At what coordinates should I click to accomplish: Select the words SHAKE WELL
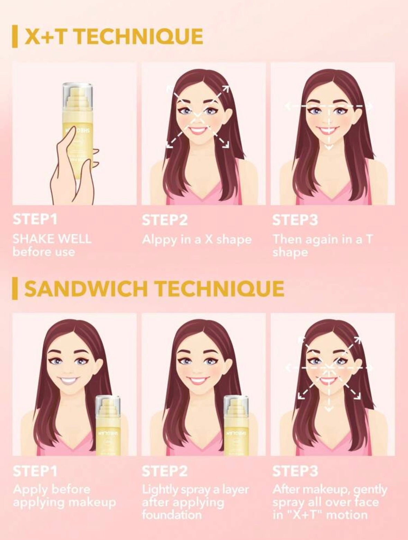click(52, 238)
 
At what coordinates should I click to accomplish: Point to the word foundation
click(172, 515)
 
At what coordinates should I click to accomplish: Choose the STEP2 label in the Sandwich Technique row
click(164, 471)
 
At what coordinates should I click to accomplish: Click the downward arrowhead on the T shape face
click(328, 148)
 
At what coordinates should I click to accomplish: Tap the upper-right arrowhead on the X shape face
click(226, 89)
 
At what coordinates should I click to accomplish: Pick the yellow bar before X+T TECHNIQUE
click(14, 37)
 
